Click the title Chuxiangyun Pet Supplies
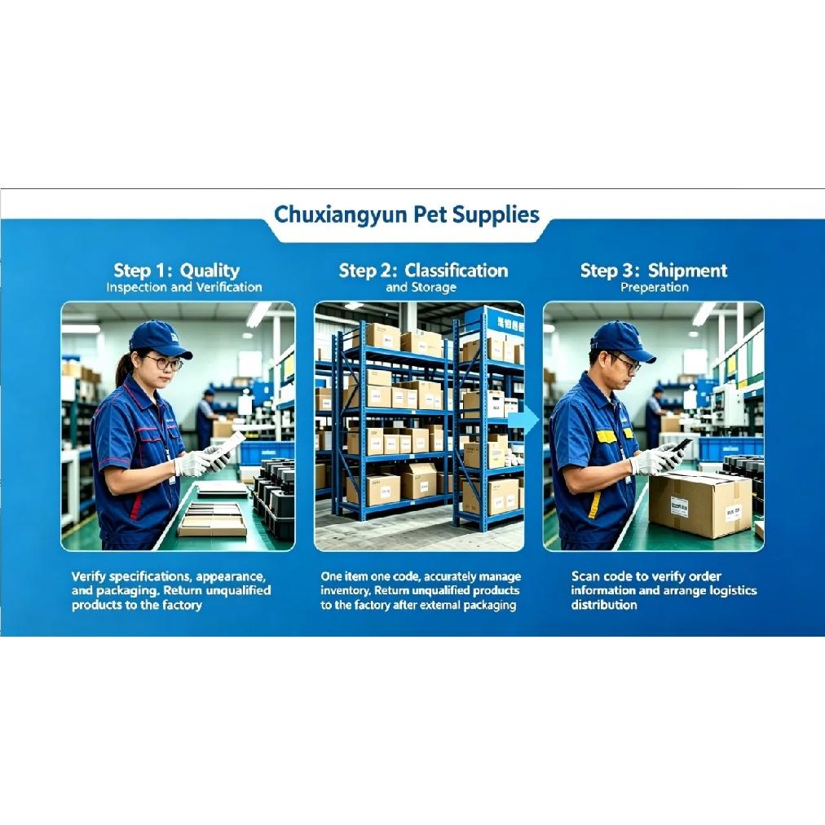[x=407, y=215]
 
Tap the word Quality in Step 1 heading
[x=210, y=271]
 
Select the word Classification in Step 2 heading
[x=457, y=271]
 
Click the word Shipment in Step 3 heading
[x=687, y=271]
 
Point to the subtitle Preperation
[x=655, y=287]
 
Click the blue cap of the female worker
[x=160, y=338]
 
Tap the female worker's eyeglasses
[x=164, y=362]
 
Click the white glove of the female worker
[x=192, y=464]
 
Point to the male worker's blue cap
[x=623, y=340]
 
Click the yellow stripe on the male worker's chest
[x=606, y=436]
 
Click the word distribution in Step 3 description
[x=604, y=605]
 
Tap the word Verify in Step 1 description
[x=88, y=576]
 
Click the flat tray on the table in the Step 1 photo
[x=212, y=519]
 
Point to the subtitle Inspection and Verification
[x=184, y=287]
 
